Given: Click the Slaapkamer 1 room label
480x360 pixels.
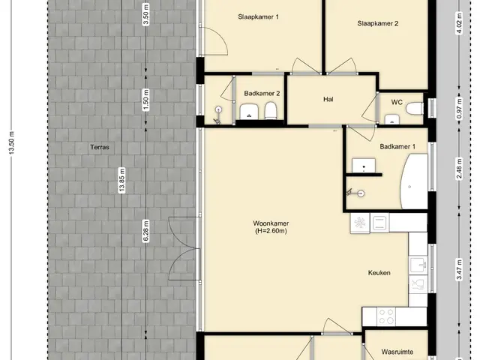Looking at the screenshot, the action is coord(258,16).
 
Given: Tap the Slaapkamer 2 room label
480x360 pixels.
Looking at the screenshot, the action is coord(378,23).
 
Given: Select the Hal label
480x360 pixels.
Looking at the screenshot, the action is coord(328,100).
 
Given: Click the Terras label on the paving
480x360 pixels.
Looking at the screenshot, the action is coord(100,147).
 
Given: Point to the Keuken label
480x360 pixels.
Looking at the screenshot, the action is coord(379,273).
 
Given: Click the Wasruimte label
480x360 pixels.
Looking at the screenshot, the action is coord(397,352).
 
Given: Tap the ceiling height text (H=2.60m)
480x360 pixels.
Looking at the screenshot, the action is coord(271,231).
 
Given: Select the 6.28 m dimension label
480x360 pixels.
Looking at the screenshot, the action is coord(146,232).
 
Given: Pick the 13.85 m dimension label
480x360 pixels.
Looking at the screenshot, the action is coord(122,180).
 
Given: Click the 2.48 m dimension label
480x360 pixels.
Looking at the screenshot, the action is coord(459,169).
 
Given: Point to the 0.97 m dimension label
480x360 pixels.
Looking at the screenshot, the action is coord(459,109).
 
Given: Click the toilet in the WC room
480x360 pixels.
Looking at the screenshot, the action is coord(415,108).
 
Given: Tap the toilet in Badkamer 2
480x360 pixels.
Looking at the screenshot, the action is coord(270,110).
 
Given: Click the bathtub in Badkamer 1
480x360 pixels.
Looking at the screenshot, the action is coord(414,181).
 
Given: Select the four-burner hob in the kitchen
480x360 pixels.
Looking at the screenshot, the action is coord(386,316).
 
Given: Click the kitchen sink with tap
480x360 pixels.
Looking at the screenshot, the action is coord(418,265).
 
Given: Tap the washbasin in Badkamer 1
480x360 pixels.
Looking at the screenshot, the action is coord(364,166).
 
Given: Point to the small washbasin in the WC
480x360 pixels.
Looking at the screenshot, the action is coord(391,119).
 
